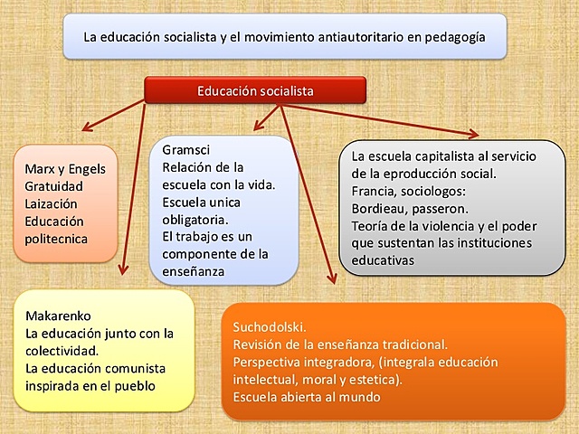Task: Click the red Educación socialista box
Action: [x=255, y=90]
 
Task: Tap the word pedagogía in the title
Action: [x=455, y=38]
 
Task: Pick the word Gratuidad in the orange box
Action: [x=55, y=186]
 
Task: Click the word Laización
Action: [x=52, y=203]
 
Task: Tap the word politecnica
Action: [x=56, y=239]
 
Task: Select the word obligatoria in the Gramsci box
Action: [x=195, y=219]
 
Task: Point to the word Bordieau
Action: [x=377, y=208]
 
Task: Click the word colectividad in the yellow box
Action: [x=67, y=351]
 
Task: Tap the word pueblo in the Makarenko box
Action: [x=132, y=385]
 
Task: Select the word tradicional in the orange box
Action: [x=413, y=344]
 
